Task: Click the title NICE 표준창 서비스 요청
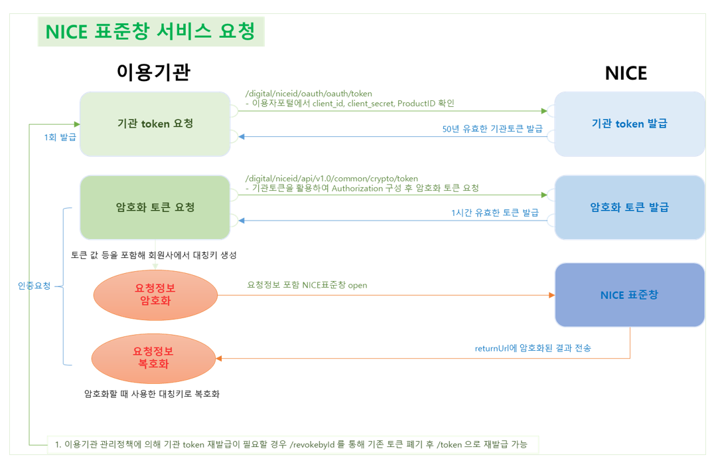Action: coord(151,32)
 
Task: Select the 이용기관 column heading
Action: coord(154,72)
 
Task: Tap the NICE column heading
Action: coord(625,73)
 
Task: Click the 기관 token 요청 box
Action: coord(155,124)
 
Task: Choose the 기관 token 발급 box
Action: coord(629,124)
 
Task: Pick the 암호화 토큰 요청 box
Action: coord(155,207)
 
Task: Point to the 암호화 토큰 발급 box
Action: coord(629,207)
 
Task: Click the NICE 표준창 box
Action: coord(629,295)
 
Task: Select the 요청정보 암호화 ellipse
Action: coord(155,294)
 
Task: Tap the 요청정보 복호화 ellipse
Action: coord(154,358)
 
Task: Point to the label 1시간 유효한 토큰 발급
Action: coord(494,213)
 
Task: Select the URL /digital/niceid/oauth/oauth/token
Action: coord(309,94)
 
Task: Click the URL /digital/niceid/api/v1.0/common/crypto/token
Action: coord(332,178)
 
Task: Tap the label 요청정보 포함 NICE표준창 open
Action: coord(307,285)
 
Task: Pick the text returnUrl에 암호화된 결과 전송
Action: coord(532,348)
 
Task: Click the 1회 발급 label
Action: coord(60,138)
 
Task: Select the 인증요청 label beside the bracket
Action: coord(35,286)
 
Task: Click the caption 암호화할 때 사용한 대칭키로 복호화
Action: coord(151,394)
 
